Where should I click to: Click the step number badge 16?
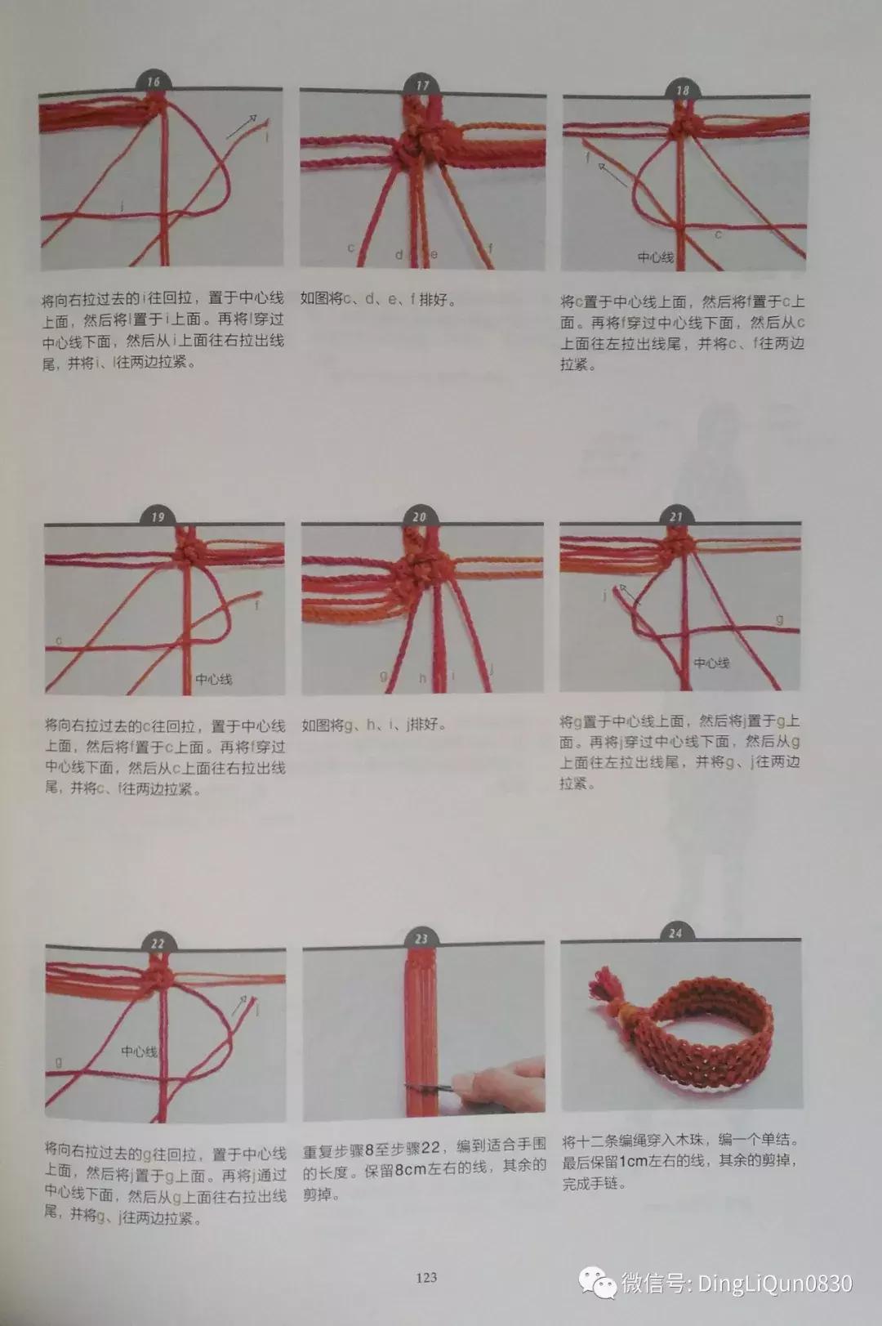tap(153, 81)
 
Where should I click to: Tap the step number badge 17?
tap(421, 85)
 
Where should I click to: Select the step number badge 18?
tap(683, 90)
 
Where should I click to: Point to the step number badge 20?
tap(419, 516)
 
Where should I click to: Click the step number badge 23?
tap(421, 939)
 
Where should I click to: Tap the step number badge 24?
tap(675, 932)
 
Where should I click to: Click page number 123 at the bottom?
tap(426, 1277)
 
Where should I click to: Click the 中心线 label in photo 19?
tap(214, 679)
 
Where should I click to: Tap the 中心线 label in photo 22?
tap(140, 1051)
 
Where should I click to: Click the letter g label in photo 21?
tap(779, 620)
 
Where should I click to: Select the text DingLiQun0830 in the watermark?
tap(774, 1283)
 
